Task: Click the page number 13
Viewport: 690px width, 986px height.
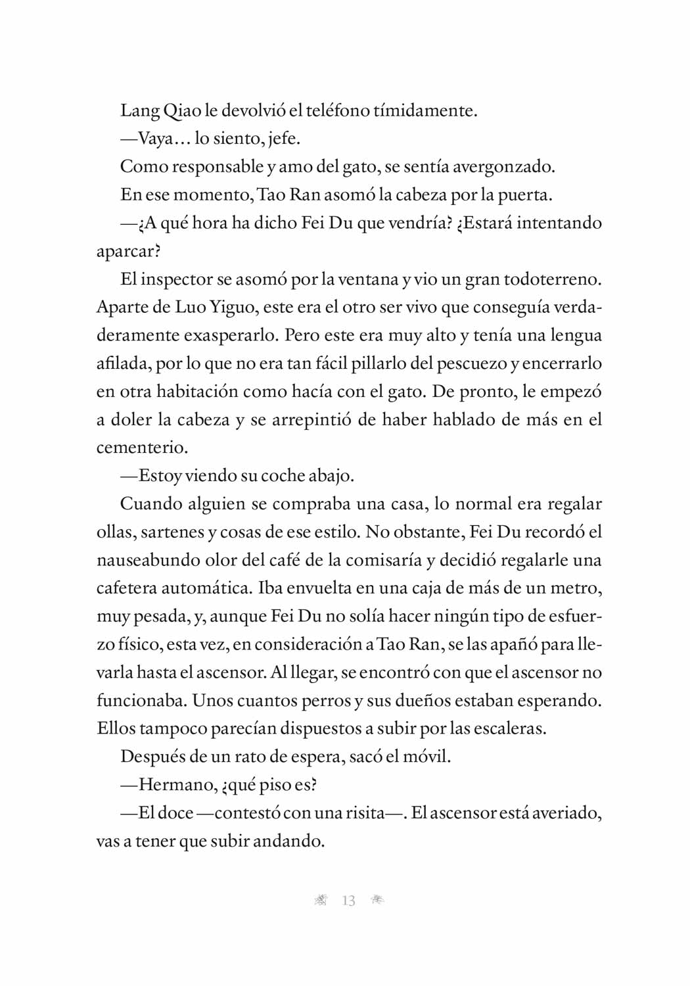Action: [x=348, y=901]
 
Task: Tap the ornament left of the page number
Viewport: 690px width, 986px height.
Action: [x=321, y=901]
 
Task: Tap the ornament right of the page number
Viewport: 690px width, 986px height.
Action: [x=377, y=900]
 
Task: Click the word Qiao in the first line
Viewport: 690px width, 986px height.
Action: [x=182, y=110]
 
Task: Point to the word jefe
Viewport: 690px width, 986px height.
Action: [x=284, y=139]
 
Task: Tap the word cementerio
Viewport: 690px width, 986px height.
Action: [x=141, y=448]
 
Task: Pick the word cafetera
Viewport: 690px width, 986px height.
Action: [x=127, y=588]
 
